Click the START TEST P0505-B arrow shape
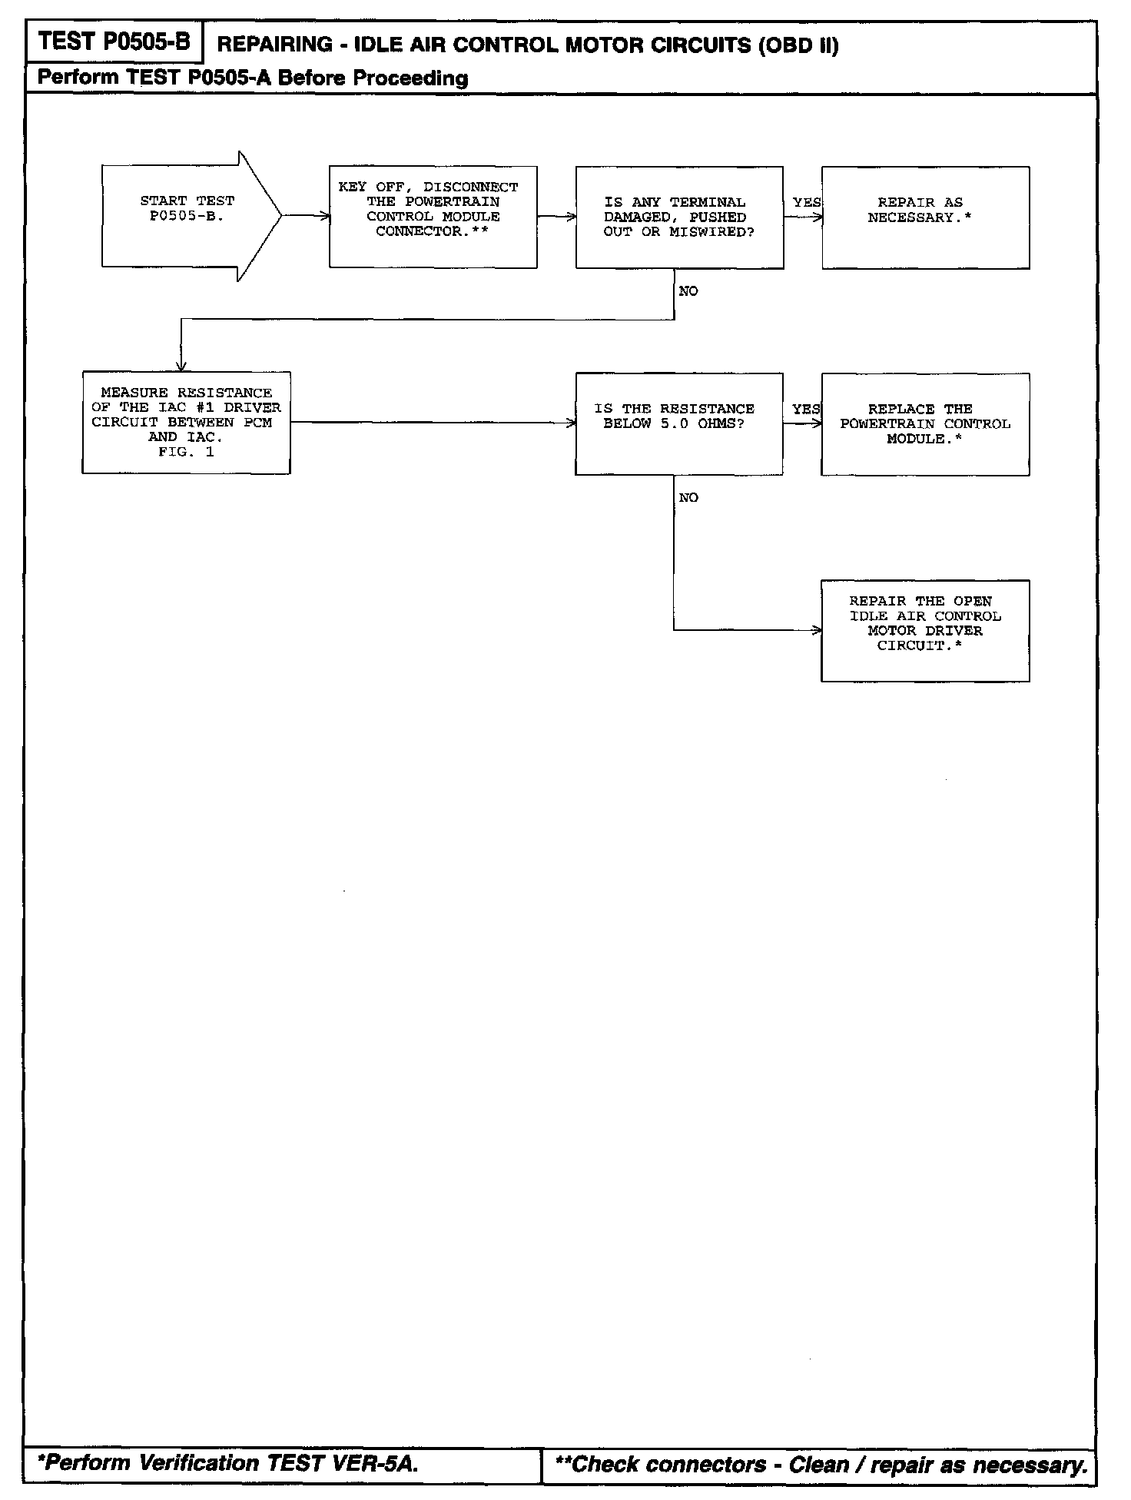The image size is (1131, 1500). (188, 216)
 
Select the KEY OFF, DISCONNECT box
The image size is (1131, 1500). (433, 217)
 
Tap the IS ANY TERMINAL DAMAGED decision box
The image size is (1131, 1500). (679, 217)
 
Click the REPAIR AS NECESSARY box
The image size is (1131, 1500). (925, 217)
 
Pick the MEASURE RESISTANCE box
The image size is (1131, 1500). (186, 423)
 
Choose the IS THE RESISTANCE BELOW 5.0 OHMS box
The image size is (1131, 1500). (679, 424)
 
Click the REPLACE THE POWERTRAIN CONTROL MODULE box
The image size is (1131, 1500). (925, 424)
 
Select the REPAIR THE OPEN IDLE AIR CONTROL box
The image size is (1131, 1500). (925, 630)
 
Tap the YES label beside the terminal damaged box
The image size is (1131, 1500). (806, 202)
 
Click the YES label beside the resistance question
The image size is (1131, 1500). (806, 409)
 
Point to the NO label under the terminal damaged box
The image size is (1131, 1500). (688, 291)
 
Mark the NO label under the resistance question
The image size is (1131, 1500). (688, 498)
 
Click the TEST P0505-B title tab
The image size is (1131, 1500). (114, 41)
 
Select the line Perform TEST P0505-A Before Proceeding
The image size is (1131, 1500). (253, 78)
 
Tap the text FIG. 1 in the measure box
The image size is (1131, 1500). (186, 452)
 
